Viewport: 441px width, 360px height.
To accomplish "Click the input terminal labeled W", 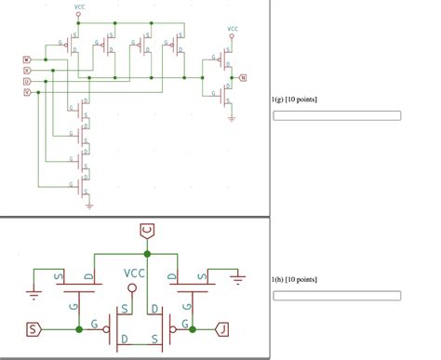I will click(x=26, y=60).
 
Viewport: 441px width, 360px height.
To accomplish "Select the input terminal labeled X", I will click(x=26, y=71).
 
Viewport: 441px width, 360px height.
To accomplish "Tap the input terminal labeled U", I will click(x=26, y=82).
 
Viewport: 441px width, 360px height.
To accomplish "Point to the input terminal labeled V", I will click(x=26, y=92).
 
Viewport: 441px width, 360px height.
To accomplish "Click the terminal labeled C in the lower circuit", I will click(x=146, y=230).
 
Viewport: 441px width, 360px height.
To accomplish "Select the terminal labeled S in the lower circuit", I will click(x=33, y=328).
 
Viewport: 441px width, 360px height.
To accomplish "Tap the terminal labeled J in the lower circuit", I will click(x=221, y=328).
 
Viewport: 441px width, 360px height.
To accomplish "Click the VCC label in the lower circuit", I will click(x=134, y=274).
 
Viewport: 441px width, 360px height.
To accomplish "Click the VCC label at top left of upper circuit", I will click(x=79, y=7).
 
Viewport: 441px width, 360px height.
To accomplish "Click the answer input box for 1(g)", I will click(x=336, y=116).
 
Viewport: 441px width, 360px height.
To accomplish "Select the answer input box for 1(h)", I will click(x=336, y=297).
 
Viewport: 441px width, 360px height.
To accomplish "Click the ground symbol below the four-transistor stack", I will click(x=89, y=207).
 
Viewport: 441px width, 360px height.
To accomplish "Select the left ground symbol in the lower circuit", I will click(x=33, y=295).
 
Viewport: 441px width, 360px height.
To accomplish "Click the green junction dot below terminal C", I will click(x=146, y=252).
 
